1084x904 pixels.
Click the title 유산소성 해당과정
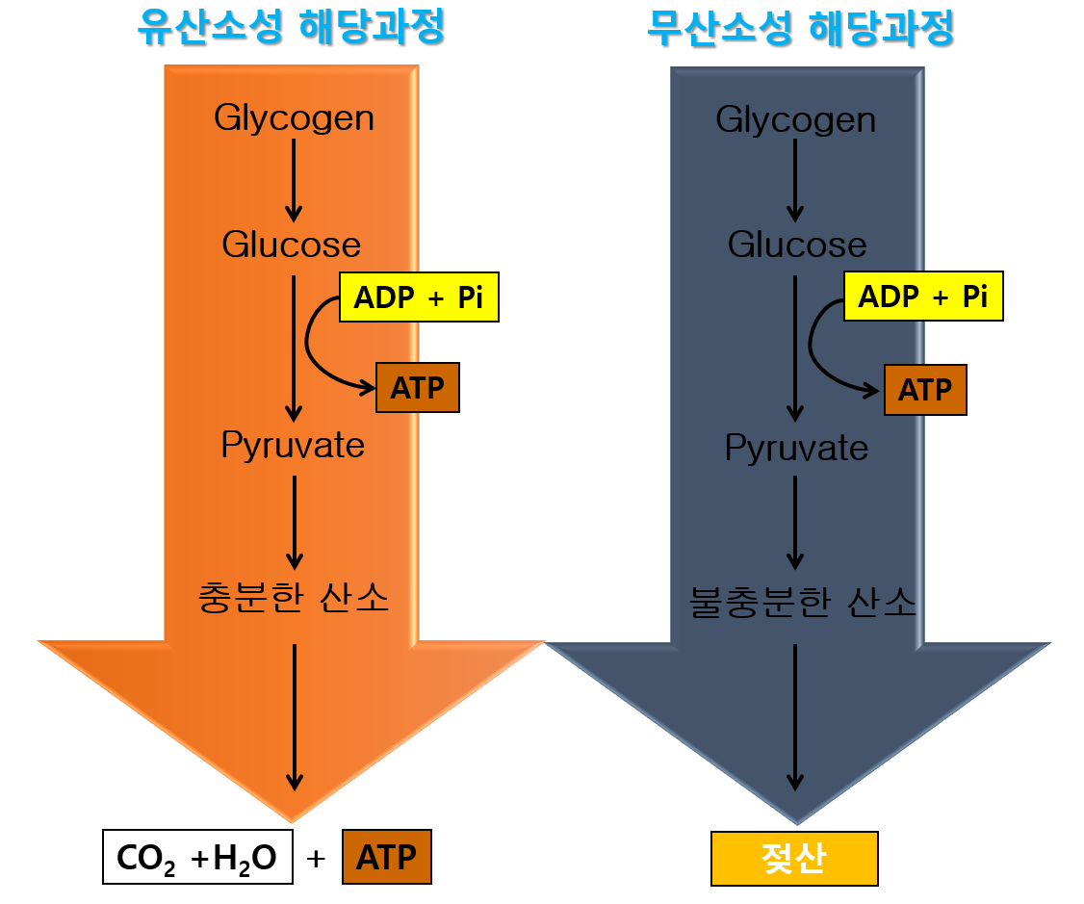pyautogui.click(x=292, y=28)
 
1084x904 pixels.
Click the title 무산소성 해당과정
pyautogui.click(x=800, y=28)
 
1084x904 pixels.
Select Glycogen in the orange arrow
pyautogui.click(x=294, y=118)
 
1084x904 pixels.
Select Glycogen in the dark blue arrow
pyautogui.click(x=796, y=120)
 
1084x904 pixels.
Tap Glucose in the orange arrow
pyautogui.click(x=292, y=245)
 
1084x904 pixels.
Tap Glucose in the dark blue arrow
pyautogui.click(x=797, y=245)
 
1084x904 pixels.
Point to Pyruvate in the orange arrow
pyautogui.click(x=293, y=446)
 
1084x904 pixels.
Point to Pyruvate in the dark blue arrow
pyautogui.click(x=796, y=448)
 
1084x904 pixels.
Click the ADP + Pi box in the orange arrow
pyautogui.click(x=418, y=297)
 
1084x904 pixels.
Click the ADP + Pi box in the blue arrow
pyautogui.click(x=922, y=297)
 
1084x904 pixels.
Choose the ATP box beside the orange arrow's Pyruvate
pyautogui.click(x=417, y=388)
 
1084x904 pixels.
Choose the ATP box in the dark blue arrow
pyautogui.click(x=924, y=390)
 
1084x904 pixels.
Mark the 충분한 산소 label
pyautogui.click(x=293, y=598)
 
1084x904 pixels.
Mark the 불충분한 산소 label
pyautogui.click(x=803, y=603)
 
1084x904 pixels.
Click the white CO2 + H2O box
pyautogui.click(x=196, y=857)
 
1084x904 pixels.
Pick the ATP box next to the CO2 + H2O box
pyautogui.click(x=386, y=857)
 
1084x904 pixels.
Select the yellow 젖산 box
pyautogui.click(x=794, y=858)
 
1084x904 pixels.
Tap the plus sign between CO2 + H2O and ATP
pyautogui.click(x=316, y=858)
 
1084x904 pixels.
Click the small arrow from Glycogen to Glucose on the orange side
pyautogui.click(x=295, y=181)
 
